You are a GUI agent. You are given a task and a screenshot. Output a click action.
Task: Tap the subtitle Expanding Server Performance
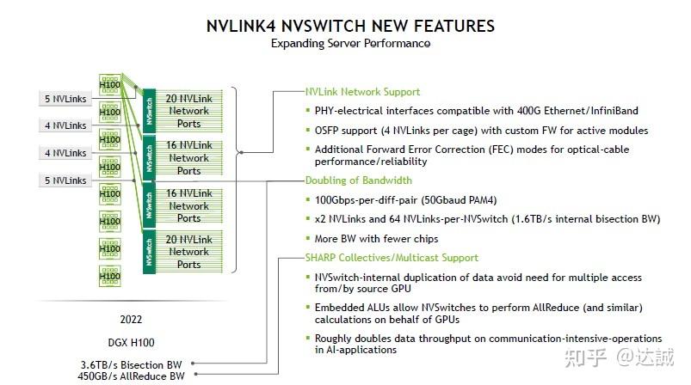tap(350, 43)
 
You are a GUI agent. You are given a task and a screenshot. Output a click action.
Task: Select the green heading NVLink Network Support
tap(362, 92)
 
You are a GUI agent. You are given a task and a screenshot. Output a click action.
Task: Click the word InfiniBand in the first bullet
tap(609, 111)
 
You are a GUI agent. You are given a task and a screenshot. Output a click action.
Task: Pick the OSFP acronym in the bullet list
tap(331, 130)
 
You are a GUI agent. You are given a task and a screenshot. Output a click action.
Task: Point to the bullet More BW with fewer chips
tap(377, 238)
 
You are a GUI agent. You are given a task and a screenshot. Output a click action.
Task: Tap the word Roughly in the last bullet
tap(336, 339)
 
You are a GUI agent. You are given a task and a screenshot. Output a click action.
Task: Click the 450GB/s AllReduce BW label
tap(133, 375)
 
